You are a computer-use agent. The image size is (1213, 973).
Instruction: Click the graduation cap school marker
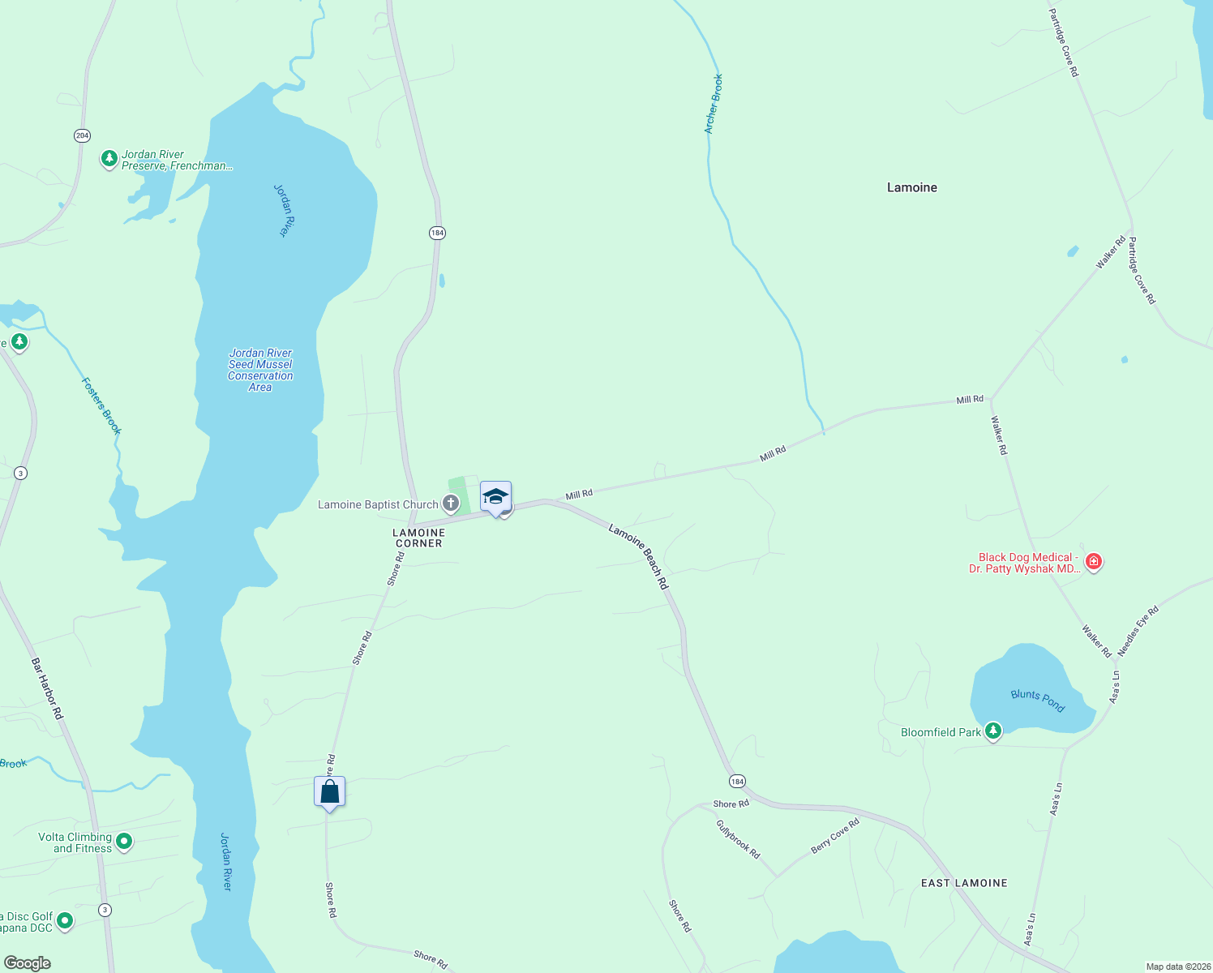495,496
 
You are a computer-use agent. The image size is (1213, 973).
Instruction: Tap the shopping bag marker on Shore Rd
330,791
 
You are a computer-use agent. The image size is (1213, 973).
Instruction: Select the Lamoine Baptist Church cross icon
451,504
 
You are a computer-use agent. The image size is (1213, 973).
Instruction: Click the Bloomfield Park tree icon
992,731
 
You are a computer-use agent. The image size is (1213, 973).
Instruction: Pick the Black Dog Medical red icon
1093,562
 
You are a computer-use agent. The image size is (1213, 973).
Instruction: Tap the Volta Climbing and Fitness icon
124,842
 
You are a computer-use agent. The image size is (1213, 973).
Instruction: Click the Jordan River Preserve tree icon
109,158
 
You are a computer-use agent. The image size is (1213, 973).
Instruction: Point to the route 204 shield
82,135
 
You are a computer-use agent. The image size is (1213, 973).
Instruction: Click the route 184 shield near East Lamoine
736,782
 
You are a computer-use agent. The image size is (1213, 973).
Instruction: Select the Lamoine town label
911,187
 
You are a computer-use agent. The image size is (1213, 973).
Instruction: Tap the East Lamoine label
964,883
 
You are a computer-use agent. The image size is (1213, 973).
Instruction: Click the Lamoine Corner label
418,538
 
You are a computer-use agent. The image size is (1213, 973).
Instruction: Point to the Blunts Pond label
1038,700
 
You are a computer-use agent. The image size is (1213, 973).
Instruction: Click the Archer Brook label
714,104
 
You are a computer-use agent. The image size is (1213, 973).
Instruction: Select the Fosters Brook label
101,405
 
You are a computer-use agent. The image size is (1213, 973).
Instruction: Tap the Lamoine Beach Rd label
640,556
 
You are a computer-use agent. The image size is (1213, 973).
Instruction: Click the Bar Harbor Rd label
47,688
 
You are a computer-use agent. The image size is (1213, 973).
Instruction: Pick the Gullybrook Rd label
738,839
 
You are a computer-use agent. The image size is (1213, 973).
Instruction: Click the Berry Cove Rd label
835,836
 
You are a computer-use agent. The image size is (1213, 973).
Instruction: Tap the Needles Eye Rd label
1138,631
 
